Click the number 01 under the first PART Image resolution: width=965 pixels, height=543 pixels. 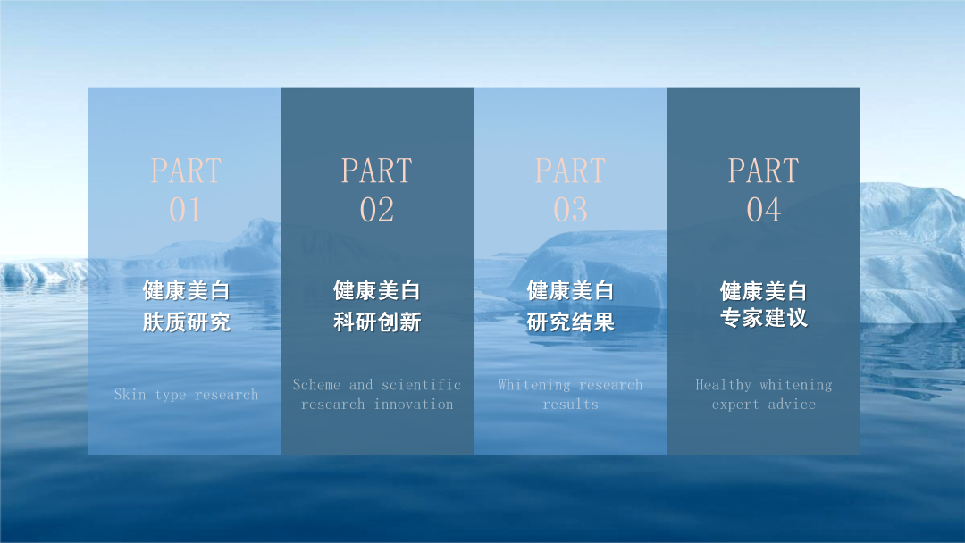pos(185,210)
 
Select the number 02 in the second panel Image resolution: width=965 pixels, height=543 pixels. pos(377,210)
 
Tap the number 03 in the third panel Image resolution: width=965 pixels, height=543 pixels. pos(570,210)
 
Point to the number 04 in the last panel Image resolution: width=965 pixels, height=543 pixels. pos(764,210)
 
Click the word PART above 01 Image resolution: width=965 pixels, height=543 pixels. pos(186,171)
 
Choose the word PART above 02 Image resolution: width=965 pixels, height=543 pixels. pos(377,171)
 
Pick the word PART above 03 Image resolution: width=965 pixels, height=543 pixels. pos(570,171)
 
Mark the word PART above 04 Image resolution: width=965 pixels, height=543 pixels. pos(764,171)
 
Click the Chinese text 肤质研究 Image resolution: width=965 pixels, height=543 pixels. pos(187,322)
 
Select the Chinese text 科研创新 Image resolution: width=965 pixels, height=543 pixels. pos(377,322)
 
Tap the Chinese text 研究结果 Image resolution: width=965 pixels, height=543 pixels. pos(570,322)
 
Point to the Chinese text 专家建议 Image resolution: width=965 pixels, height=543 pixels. pos(764,318)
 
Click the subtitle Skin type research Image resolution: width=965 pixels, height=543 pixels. pos(186,395)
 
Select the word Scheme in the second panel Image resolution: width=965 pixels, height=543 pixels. pos(316,385)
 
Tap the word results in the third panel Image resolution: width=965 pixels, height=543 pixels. pos(570,405)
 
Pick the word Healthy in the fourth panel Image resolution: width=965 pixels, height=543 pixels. pos(723,386)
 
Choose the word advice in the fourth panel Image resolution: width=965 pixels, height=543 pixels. pos(792,405)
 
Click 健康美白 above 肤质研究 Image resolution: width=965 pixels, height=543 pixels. pos(187,291)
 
